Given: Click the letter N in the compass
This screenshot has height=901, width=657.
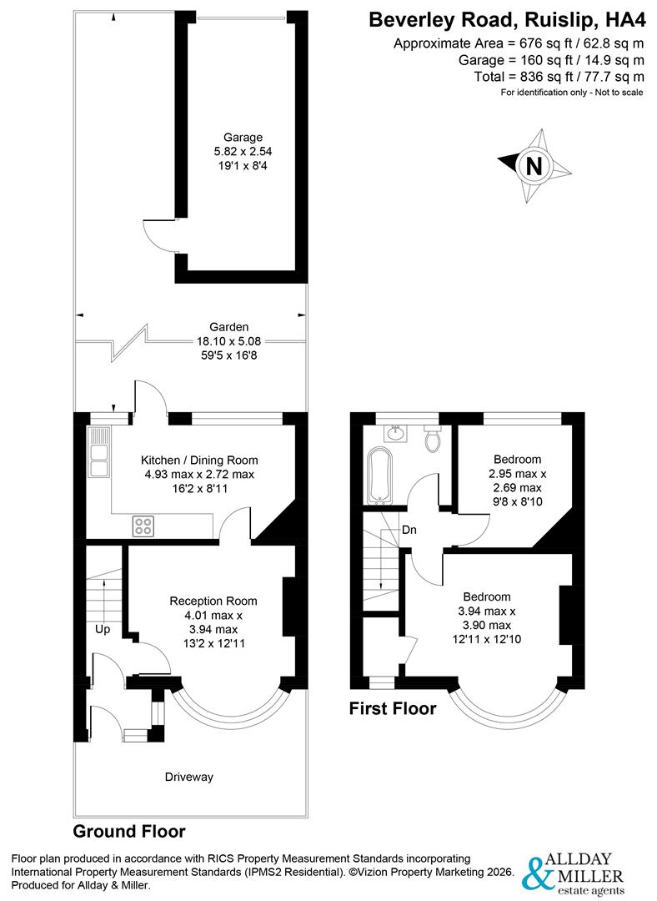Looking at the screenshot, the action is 534,166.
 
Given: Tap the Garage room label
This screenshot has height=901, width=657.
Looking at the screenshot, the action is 243,138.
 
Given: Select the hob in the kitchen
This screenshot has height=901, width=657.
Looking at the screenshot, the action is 143,526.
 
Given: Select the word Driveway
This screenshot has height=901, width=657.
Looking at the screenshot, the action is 189,777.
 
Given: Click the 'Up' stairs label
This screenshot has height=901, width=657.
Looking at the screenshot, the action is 103,630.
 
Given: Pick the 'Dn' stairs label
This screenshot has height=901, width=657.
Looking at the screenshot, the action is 409,530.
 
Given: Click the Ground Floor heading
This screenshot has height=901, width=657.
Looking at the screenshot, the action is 129,832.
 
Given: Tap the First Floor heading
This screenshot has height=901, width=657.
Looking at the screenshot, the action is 393,708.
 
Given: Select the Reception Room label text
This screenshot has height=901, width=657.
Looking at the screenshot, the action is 213,601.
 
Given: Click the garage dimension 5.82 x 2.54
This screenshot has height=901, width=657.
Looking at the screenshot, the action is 243,152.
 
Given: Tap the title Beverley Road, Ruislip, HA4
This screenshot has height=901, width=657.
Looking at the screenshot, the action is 507,20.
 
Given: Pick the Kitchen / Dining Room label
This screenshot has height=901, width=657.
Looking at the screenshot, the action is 199,461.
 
